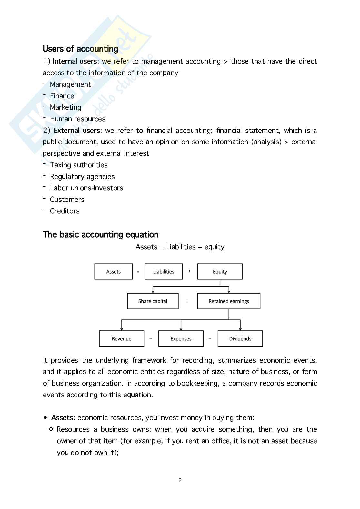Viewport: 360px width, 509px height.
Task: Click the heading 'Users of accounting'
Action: click(80, 49)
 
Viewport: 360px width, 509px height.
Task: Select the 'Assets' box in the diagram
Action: click(113, 272)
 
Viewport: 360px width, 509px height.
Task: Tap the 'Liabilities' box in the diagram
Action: click(164, 272)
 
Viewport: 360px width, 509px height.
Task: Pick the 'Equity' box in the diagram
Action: click(220, 272)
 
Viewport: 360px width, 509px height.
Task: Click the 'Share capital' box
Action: click(153, 301)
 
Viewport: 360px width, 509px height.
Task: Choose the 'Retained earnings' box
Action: click(229, 301)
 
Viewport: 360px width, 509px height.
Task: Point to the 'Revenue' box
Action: click(121, 339)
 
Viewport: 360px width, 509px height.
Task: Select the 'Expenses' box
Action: click(181, 339)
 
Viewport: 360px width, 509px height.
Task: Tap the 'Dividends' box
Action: click(240, 339)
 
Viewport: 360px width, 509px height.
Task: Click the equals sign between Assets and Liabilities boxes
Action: click(138, 272)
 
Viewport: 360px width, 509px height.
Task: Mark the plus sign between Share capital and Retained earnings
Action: click(187, 302)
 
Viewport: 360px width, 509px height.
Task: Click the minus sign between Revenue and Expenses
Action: click(151, 339)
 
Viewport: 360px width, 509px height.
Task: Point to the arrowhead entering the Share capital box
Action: click(153, 292)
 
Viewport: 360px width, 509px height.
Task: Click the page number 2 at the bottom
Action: click(180, 481)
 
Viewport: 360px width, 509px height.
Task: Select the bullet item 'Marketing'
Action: click(65, 107)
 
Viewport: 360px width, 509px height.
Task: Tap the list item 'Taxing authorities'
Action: click(79, 165)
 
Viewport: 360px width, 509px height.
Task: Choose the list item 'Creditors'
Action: click(65, 211)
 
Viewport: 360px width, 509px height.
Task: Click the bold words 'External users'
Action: click(77, 131)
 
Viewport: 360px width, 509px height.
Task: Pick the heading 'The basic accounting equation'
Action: click(101, 235)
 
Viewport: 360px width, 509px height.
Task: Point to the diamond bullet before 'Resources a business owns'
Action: click(51, 429)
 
